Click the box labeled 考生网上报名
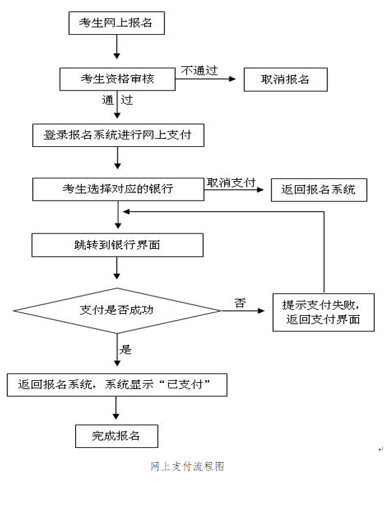[x=117, y=23]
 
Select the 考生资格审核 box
[x=117, y=79]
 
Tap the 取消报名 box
[x=285, y=79]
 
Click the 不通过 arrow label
[x=199, y=70]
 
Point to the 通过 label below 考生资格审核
[x=117, y=101]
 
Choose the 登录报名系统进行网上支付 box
[x=117, y=135]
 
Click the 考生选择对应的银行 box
[x=117, y=188]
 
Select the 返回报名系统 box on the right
[x=319, y=189]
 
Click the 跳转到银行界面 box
[x=117, y=245]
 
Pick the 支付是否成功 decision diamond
[x=117, y=311]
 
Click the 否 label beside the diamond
[x=239, y=303]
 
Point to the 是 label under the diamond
[x=125, y=349]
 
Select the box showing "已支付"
[x=117, y=384]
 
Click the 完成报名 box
[x=117, y=436]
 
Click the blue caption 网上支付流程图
[x=187, y=466]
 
